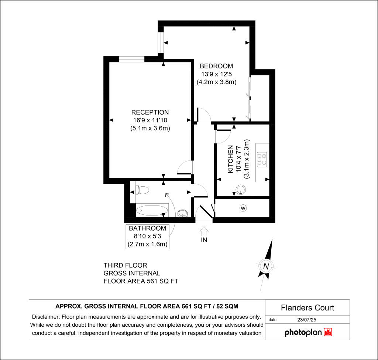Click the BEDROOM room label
(216, 66)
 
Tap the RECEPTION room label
(150, 112)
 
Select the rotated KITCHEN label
(231, 159)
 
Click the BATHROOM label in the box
(148, 228)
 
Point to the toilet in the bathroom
(142, 190)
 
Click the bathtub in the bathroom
(152, 211)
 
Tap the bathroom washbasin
(182, 213)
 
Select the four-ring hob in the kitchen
(262, 159)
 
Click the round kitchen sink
(241, 190)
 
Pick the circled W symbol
(243, 208)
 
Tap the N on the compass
(265, 266)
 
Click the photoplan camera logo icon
(328, 332)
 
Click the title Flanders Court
(307, 308)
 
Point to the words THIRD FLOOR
(126, 265)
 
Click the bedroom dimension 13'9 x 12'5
(216, 74)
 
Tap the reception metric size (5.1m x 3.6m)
(150, 128)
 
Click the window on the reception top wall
(131, 59)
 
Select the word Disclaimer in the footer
(46, 317)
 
